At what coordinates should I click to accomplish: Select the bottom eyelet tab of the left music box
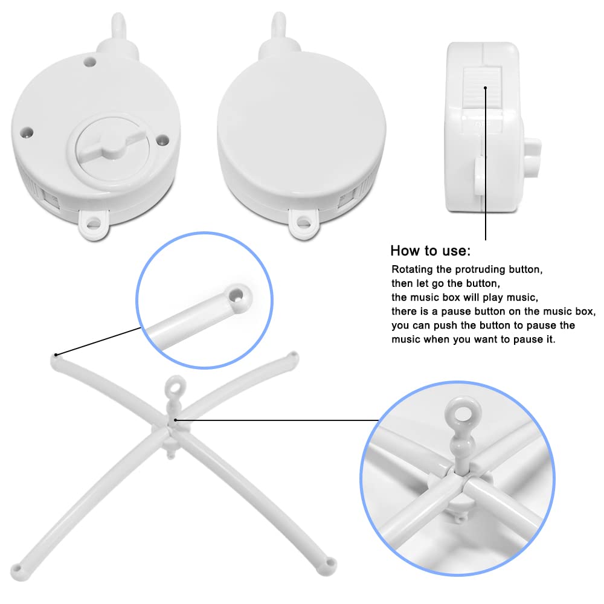click(x=94, y=223)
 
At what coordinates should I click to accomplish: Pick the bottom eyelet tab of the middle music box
click(x=304, y=223)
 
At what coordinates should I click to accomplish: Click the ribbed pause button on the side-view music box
click(x=482, y=89)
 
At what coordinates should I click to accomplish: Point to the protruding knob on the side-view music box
click(x=533, y=158)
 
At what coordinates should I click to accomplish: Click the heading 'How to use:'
click(x=430, y=251)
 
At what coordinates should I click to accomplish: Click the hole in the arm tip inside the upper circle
click(x=236, y=295)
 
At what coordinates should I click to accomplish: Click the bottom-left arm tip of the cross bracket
click(x=18, y=572)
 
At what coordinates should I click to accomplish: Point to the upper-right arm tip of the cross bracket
click(x=293, y=357)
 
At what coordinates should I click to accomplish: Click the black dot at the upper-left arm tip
click(x=56, y=355)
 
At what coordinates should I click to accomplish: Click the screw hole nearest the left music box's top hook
click(x=90, y=61)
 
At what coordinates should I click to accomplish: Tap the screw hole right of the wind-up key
click(x=162, y=140)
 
